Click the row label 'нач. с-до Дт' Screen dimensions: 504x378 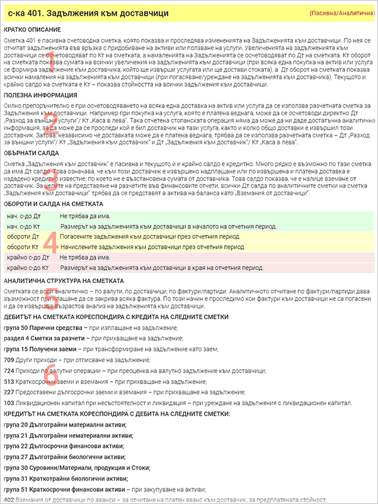point(24,215)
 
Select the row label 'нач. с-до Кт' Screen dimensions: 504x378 point(24,226)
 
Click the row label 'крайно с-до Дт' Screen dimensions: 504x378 point(28,258)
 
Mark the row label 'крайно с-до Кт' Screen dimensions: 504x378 point(28,268)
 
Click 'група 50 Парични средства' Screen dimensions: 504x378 point(41,328)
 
